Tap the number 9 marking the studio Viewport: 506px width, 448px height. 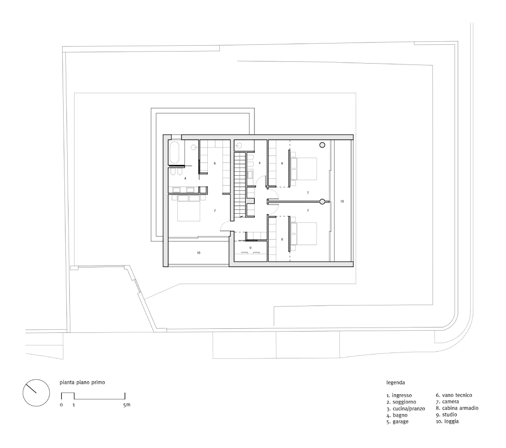(250, 248)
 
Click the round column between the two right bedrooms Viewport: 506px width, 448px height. (322, 202)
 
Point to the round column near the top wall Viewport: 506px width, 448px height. (322, 145)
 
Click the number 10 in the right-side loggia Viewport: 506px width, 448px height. (342, 202)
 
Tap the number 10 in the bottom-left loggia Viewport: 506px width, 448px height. (198, 253)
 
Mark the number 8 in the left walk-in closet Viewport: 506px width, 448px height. (214, 164)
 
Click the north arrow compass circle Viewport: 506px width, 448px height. (36, 392)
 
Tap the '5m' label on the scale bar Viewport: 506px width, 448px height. (126, 405)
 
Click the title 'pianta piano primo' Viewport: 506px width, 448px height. (82, 383)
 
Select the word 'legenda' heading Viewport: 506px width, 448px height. (396, 383)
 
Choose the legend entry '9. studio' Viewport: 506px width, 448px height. (446, 415)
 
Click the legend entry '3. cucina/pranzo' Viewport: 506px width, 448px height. (406, 409)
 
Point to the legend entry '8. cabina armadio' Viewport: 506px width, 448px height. (457, 408)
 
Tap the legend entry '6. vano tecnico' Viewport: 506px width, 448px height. (454, 395)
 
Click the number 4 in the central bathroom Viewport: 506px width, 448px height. (259, 164)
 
